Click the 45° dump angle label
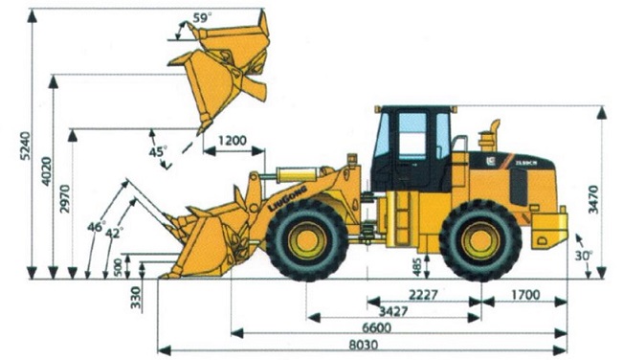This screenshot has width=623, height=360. tap(157, 151)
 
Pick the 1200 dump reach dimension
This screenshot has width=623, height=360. tap(234, 141)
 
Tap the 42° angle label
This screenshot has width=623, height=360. tap(115, 233)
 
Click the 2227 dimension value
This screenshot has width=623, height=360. tap(421, 294)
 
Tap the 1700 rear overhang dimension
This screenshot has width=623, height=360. tap(524, 294)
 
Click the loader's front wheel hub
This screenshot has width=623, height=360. tap(308, 239)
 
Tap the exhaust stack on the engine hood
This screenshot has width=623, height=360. tap(495, 134)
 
